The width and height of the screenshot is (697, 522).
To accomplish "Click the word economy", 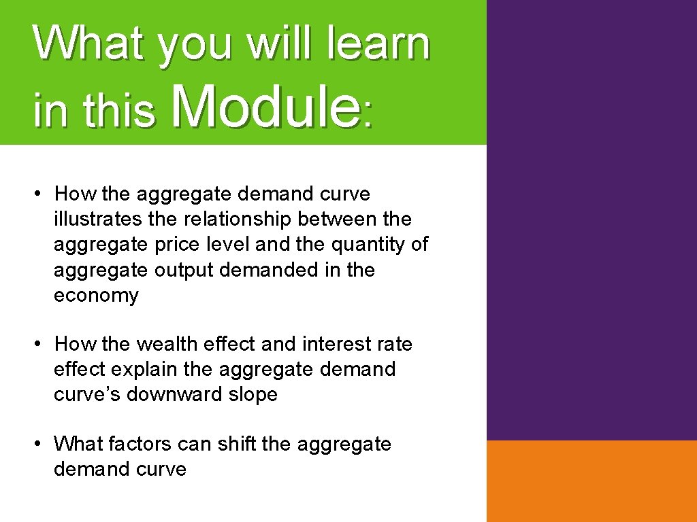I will tap(96, 296).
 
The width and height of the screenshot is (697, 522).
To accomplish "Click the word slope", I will tap(253, 395).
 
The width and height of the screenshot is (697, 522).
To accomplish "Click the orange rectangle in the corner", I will tap(591, 481).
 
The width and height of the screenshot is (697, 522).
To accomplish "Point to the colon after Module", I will tap(368, 115).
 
